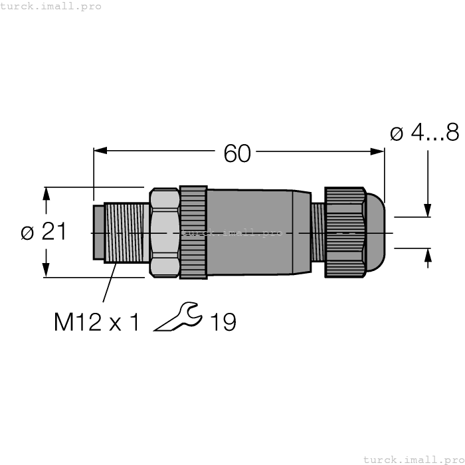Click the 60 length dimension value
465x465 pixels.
coord(237,153)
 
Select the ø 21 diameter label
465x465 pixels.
coord(43,232)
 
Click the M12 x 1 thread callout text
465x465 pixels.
coord(97,322)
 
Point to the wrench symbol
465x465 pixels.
coord(177,318)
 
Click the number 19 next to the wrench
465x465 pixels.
coord(223,322)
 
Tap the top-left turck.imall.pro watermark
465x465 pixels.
coord(51,6)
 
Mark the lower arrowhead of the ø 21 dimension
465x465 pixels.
coord(46,270)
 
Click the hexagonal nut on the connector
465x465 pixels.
coord(165,232)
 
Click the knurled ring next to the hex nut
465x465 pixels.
coord(193,232)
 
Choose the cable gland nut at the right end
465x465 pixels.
coord(344,232)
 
